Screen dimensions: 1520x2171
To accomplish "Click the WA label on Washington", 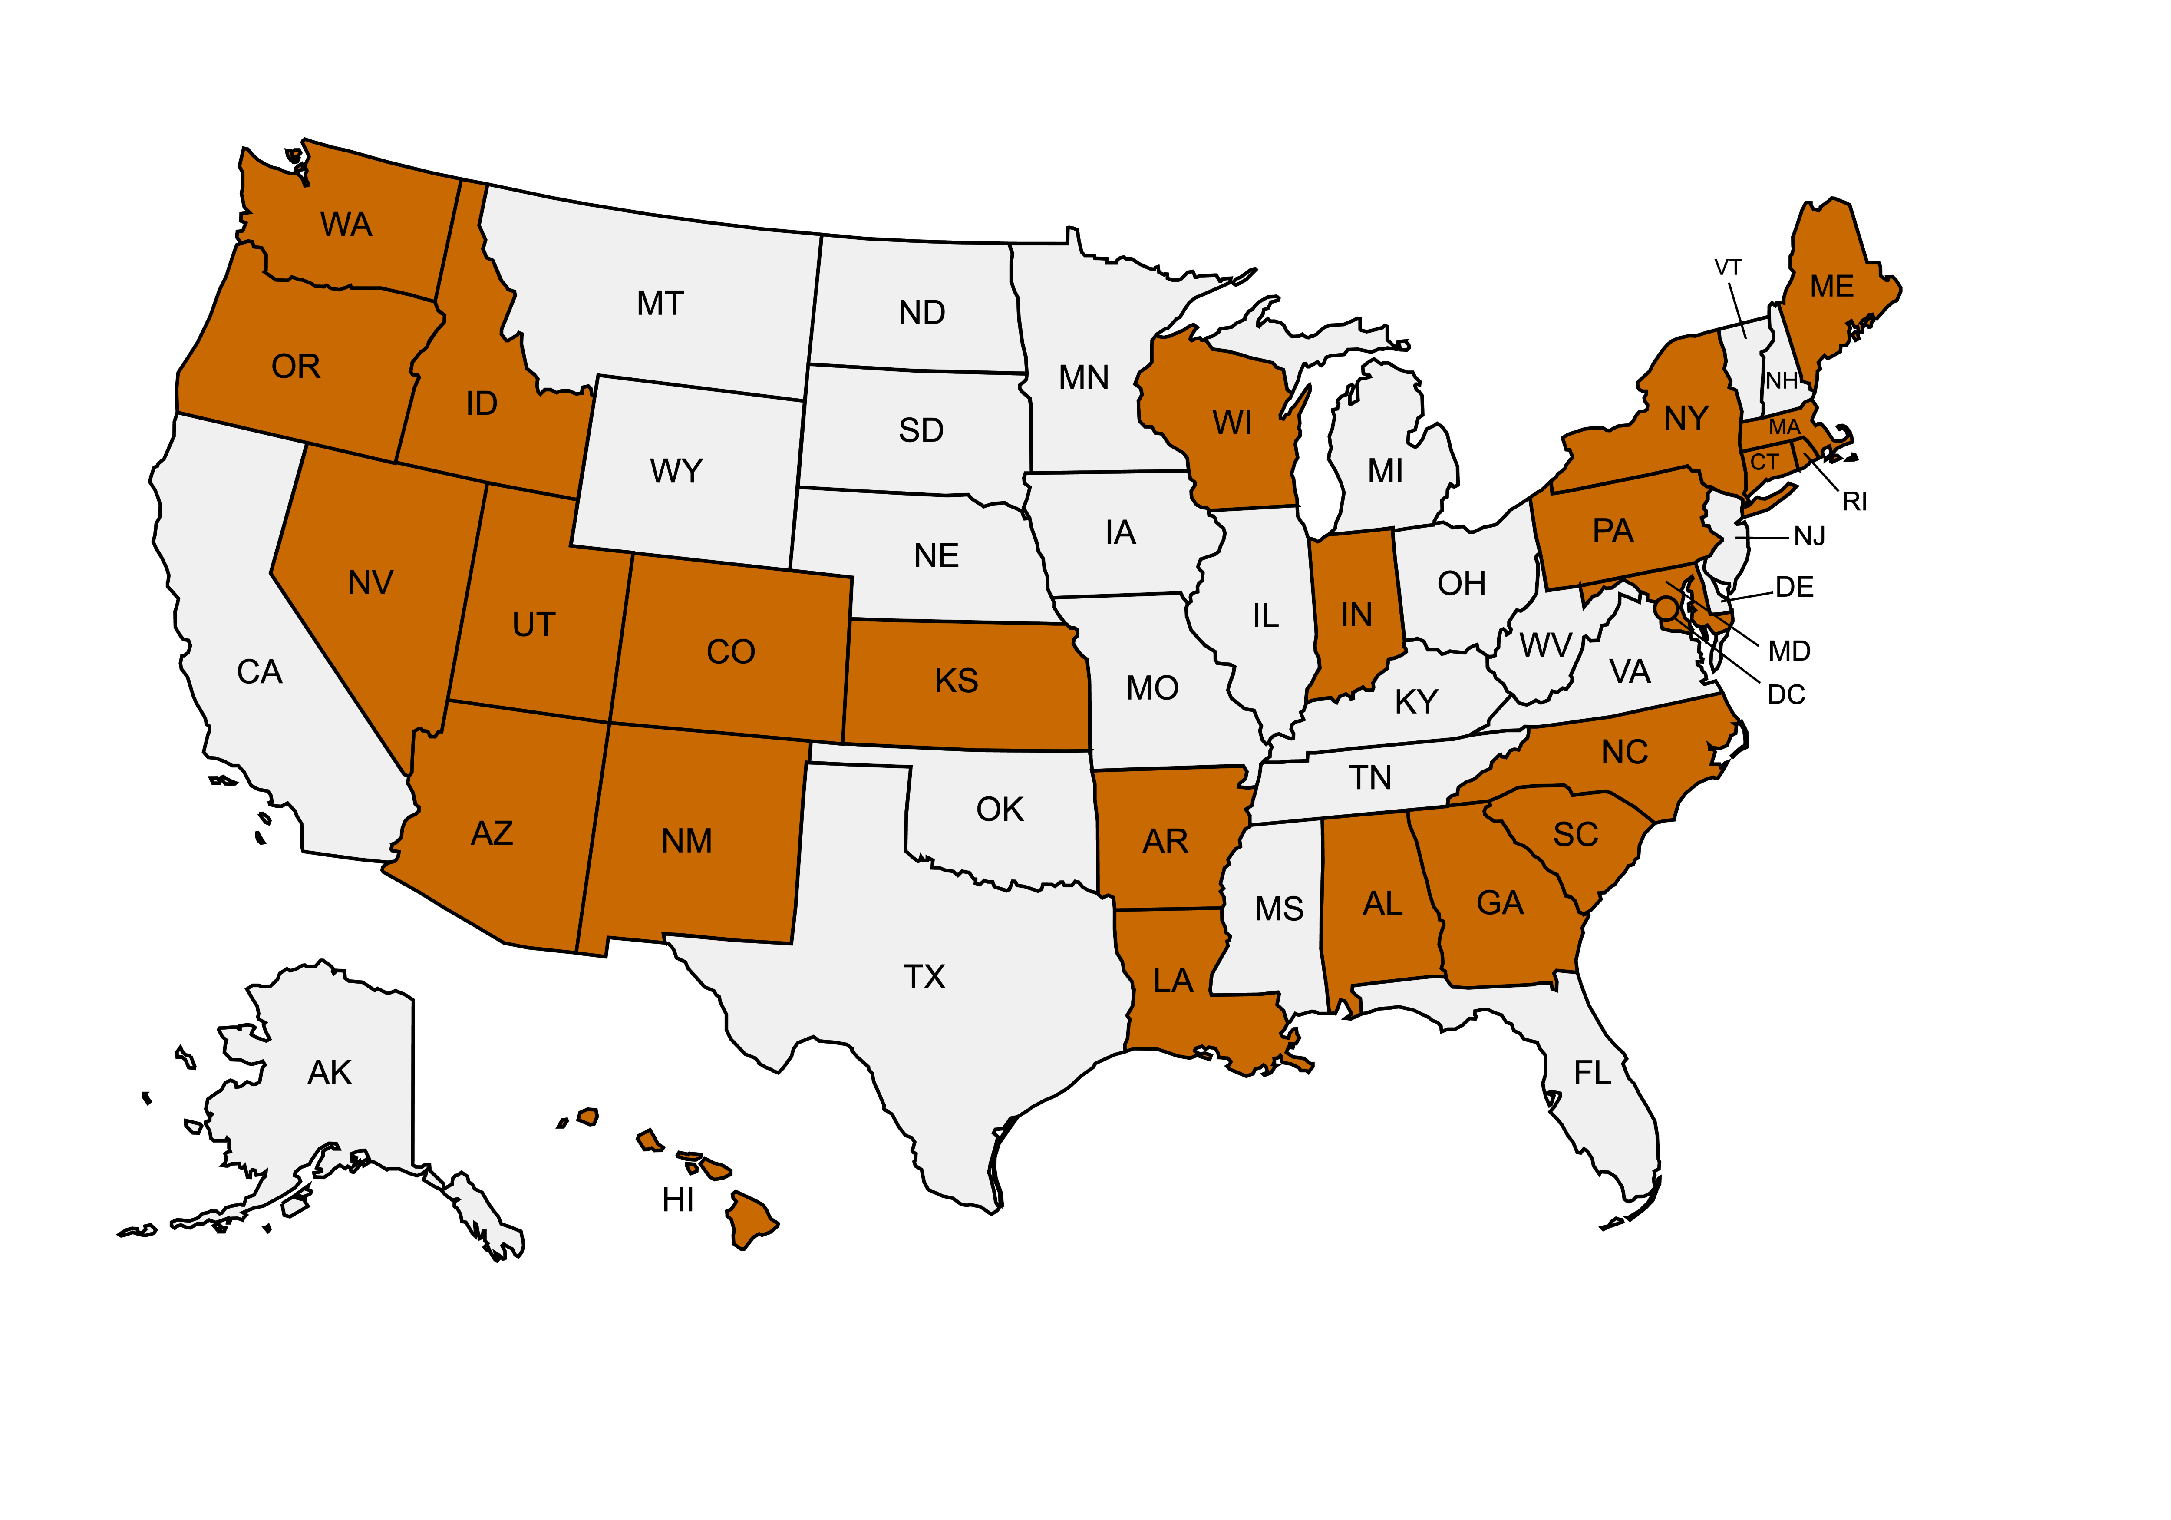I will coord(346,225).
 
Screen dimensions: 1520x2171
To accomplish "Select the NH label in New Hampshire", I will coord(1782,380).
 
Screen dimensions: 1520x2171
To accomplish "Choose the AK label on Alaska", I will coord(329,1073).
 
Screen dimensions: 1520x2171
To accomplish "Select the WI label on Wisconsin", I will coord(1232,423).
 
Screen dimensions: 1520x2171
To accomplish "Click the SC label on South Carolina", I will coord(1575,834).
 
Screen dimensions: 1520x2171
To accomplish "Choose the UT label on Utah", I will coord(533,625).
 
